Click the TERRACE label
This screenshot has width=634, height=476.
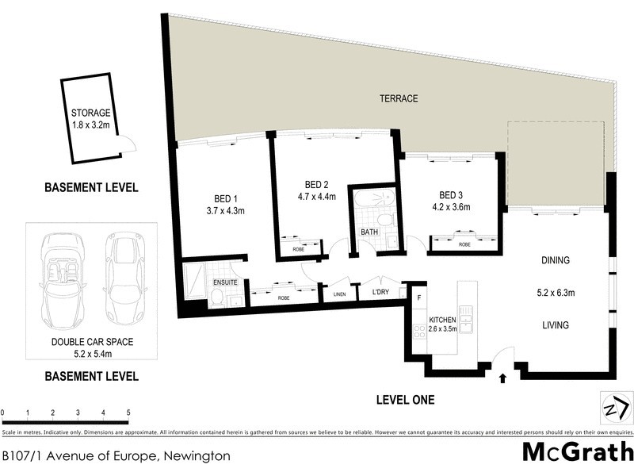pos(397,98)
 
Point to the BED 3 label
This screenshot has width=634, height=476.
pos(450,195)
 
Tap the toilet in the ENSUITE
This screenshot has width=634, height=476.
pos(216,297)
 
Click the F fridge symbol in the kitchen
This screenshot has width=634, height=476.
pos(418,297)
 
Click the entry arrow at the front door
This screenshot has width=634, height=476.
pos(502,378)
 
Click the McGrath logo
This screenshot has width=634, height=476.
pos(577,452)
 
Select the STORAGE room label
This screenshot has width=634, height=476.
pos(90,113)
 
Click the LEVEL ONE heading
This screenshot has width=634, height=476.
pos(405,400)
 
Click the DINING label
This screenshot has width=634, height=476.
pos(556,260)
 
